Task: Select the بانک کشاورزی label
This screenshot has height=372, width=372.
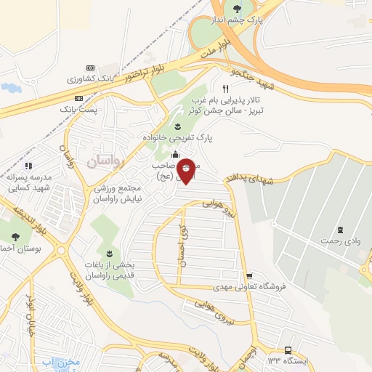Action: (x=86, y=78)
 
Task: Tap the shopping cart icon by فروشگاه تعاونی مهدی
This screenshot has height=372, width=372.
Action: (x=249, y=276)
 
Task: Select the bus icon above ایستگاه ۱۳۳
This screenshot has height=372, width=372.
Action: (x=288, y=349)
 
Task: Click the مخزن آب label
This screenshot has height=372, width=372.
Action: (x=57, y=362)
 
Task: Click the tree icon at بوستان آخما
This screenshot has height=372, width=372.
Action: (x=15, y=236)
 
